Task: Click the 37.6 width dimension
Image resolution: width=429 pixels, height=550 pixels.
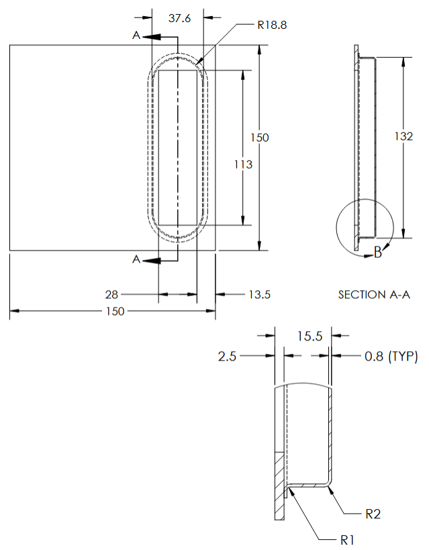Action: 179,18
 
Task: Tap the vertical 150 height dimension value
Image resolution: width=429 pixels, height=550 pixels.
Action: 259,138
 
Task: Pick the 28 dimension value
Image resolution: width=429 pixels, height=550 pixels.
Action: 111,294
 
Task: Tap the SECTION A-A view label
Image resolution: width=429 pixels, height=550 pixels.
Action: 374,294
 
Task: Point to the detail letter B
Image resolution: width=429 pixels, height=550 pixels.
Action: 377,253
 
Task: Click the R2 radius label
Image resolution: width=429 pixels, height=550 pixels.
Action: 373,514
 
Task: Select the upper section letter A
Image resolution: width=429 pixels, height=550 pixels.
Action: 136,35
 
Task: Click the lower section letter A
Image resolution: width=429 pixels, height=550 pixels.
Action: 136,260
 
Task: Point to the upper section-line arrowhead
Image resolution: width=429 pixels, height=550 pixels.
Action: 151,36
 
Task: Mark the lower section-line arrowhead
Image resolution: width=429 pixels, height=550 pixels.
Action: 151,260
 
